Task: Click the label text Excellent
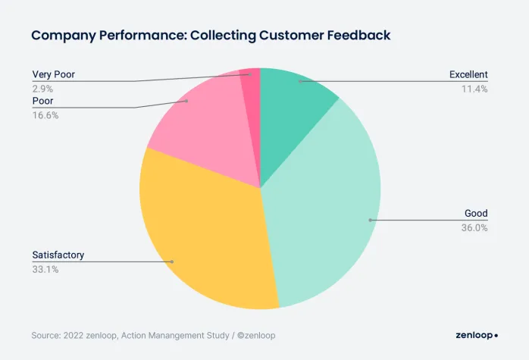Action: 468,74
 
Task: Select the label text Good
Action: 476,213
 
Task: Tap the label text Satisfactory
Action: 58,255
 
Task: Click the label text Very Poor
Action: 53,74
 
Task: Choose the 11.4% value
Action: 474,89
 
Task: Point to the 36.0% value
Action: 474,227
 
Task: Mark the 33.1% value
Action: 45,269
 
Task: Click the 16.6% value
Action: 45,115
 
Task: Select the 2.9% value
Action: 42,89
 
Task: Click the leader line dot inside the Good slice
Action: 370,220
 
